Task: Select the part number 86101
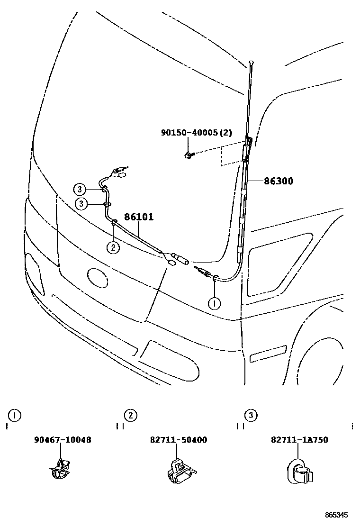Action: coord(139,217)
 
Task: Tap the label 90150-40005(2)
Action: coord(196,133)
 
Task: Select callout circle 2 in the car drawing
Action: coord(113,246)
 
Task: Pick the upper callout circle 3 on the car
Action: coord(80,190)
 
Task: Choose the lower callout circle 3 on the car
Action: coord(82,204)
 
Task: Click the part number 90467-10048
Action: coord(63,440)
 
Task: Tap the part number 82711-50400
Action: coord(179,440)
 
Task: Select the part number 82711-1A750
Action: coord(299,440)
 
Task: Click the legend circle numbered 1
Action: coord(15,416)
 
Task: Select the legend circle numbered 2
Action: coord(130,416)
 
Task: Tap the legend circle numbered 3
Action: coord(251,416)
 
